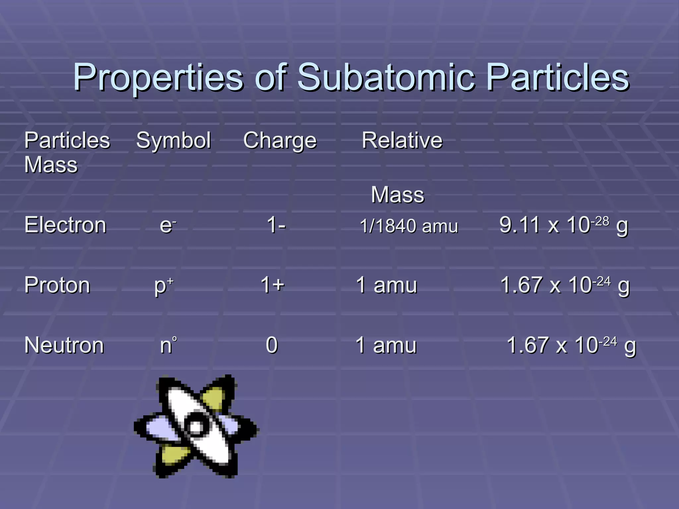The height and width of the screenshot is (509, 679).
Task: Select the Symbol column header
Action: pos(173,141)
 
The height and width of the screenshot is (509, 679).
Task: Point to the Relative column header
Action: pos(402,140)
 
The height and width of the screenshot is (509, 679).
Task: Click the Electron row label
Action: pos(65,225)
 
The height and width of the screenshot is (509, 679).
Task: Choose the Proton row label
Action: pos(57,285)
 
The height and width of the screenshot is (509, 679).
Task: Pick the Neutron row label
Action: pos(64,345)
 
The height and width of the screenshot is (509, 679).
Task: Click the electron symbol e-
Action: pos(168,225)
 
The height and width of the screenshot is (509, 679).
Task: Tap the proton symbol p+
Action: pos(164,286)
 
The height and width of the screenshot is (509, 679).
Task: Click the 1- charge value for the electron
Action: pos(276,225)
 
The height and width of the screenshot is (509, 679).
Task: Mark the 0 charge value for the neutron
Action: pos(272,345)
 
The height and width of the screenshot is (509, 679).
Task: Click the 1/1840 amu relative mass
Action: pos(409,226)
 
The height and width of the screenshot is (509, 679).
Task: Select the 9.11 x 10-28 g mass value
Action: pos(563,225)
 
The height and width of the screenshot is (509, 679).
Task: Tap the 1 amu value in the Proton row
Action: pos(386,285)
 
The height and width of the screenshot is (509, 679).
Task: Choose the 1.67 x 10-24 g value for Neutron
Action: pos(571,346)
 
